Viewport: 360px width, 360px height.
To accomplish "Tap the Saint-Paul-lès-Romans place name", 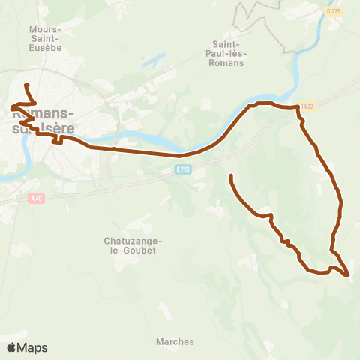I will point(229,53).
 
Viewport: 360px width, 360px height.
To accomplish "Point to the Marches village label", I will point(175,341).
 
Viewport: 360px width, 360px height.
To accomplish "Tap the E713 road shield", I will point(183,170).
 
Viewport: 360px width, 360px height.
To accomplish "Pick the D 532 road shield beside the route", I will point(306,106).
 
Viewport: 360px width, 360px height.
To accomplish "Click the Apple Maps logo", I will point(27,347).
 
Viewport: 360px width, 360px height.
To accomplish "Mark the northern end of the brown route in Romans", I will point(26,85).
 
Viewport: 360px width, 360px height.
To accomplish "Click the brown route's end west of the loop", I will point(231,175).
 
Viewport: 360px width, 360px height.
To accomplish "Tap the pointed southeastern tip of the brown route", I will point(349,275).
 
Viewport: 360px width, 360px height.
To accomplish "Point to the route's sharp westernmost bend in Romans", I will point(12,109).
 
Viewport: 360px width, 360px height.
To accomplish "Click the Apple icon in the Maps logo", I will point(11,347).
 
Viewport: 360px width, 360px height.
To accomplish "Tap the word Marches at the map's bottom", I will point(175,341).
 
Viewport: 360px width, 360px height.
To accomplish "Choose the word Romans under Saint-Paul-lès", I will point(229,63).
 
